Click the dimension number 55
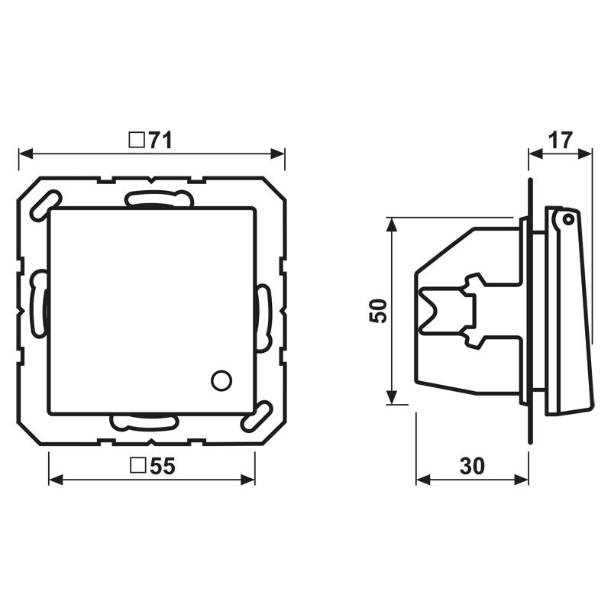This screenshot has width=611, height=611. (x=162, y=467)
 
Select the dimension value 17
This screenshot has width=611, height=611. (x=560, y=141)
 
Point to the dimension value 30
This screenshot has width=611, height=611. (x=472, y=467)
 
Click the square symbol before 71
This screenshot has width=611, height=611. (x=137, y=141)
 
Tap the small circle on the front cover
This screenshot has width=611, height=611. (x=221, y=379)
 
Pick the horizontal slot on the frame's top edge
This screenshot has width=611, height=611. (x=158, y=200)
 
